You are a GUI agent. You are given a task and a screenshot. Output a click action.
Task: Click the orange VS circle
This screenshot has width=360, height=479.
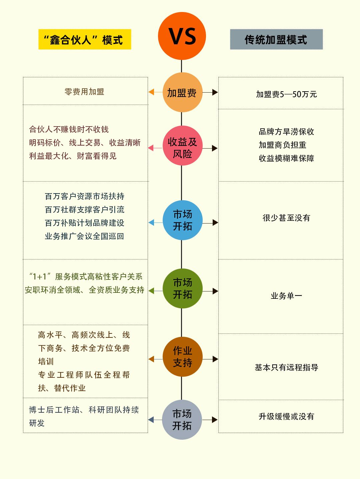click(x=182, y=36)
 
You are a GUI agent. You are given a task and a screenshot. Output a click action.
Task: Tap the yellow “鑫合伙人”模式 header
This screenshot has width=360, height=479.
click(x=85, y=40)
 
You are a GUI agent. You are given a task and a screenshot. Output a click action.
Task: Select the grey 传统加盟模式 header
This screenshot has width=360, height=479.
click(x=276, y=40)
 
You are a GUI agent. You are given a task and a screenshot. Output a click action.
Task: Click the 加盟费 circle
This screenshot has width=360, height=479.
click(x=182, y=92)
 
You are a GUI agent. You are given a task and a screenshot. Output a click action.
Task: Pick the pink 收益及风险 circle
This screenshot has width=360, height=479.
click(x=182, y=148)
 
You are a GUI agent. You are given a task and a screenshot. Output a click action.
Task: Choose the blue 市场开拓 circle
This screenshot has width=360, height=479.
click(x=182, y=220)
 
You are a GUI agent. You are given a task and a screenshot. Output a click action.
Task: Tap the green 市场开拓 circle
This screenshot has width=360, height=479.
click(x=182, y=288)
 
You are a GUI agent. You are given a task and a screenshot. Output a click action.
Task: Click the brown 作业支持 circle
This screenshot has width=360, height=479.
click(x=182, y=357)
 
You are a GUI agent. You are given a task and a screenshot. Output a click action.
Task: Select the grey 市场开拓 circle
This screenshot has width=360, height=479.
click(x=182, y=420)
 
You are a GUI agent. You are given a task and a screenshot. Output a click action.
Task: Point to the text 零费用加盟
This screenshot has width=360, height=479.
click(x=84, y=92)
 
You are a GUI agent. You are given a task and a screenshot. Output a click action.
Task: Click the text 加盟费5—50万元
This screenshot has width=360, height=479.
click(x=286, y=94)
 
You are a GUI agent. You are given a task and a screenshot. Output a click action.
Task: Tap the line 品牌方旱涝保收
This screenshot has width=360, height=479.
click(x=286, y=132)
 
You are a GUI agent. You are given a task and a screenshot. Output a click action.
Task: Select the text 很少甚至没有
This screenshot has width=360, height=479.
click(x=286, y=218)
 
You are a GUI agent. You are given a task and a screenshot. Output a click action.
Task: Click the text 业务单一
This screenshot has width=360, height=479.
click(x=286, y=296)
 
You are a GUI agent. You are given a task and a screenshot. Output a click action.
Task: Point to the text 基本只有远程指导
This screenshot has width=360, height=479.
click(x=286, y=367)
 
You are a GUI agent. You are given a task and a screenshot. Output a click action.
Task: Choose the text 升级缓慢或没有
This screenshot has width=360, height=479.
click(x=286, y=416)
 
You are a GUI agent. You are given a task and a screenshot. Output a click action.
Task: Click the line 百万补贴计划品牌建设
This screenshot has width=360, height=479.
click(x=84, y=223)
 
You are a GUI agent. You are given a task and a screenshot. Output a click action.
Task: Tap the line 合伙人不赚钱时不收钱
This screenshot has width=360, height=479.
click(x=69, y=129)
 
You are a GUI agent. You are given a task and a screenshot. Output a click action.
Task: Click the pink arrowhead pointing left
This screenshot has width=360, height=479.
click(x=151, y=148)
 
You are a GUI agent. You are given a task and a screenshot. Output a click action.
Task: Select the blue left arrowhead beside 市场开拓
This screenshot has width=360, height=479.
click(x=151, y=223)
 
